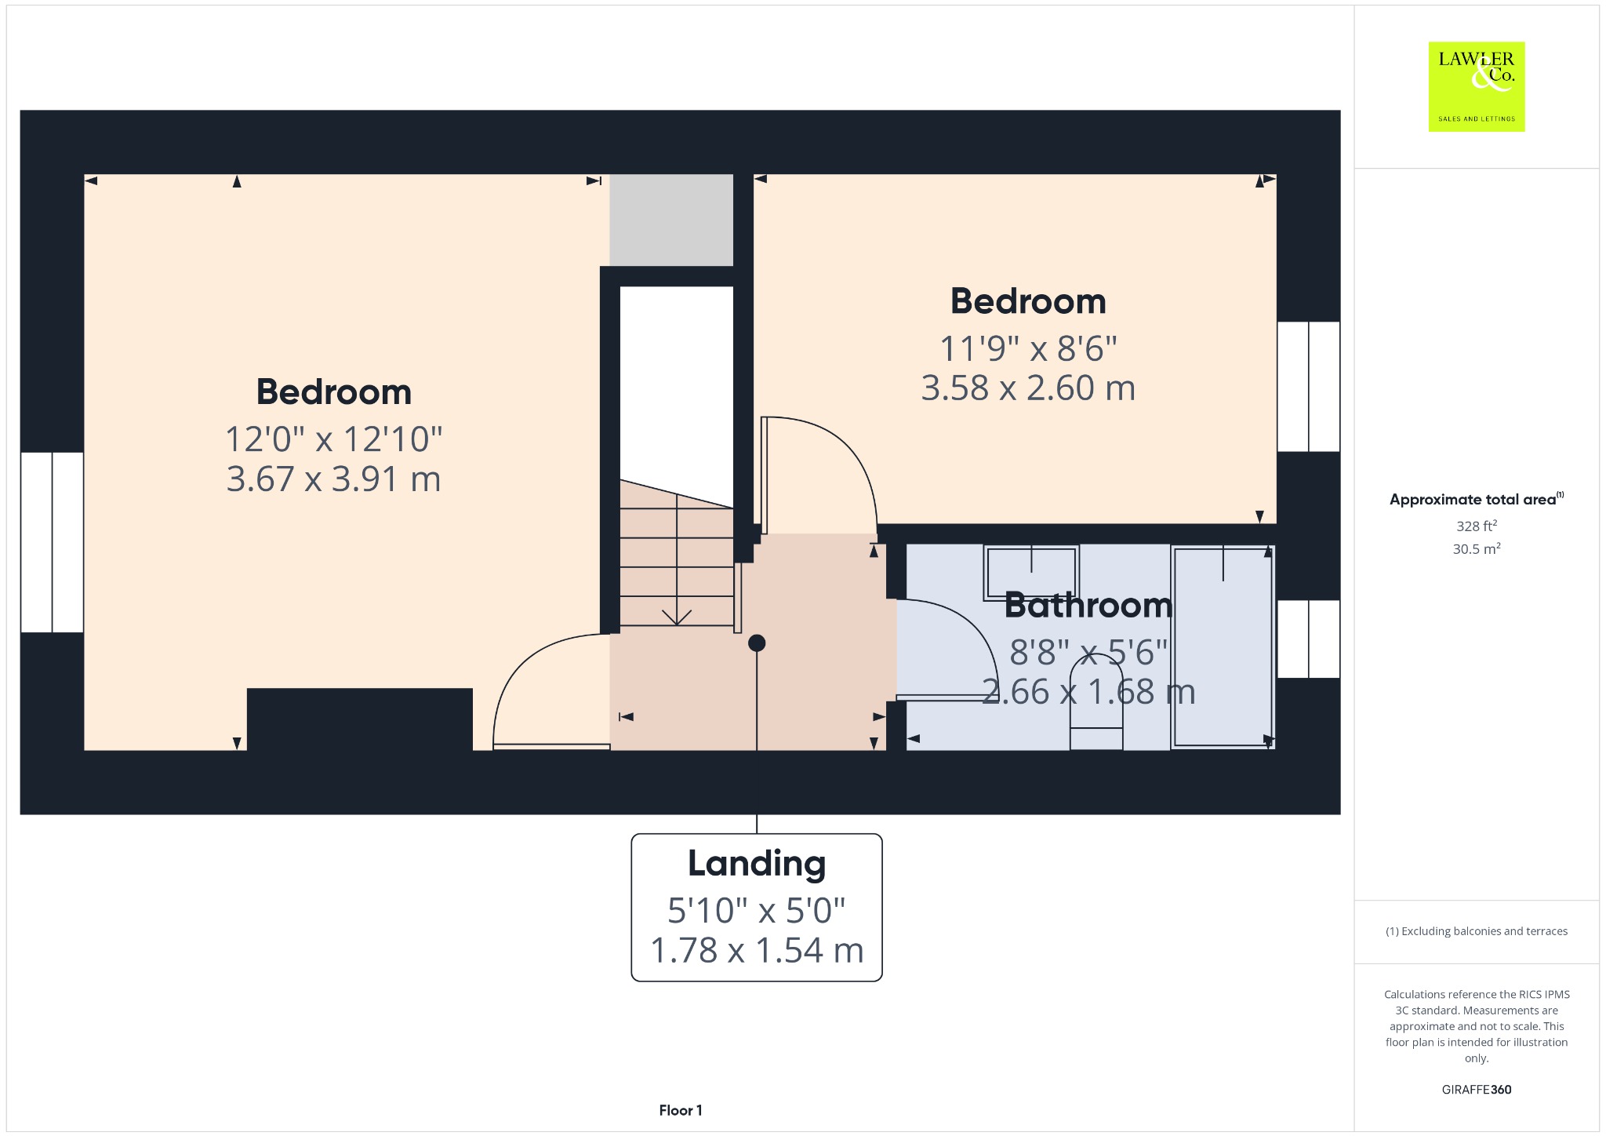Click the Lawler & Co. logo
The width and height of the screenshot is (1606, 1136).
point(1477,86)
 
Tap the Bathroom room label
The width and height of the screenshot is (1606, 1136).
point(1088,605)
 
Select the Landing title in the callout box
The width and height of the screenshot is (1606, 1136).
point(757,864)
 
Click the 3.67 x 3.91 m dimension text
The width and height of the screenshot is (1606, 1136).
point(334,479)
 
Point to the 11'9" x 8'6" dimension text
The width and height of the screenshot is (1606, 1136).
point(1028,348)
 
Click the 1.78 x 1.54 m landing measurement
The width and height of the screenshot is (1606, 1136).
point(757,950)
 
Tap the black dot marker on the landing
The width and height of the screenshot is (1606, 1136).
point(757,643)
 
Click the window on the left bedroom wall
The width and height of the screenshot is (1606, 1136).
point(52,542)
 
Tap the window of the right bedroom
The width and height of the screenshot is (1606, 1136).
point(1308,387)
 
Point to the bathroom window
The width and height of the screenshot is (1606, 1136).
point(1308,639)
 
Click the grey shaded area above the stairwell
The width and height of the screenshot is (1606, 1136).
point(671,220)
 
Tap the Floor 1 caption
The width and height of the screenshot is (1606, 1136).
point(681,1110)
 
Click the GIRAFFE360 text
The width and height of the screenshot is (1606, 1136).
point(1477,1089)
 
